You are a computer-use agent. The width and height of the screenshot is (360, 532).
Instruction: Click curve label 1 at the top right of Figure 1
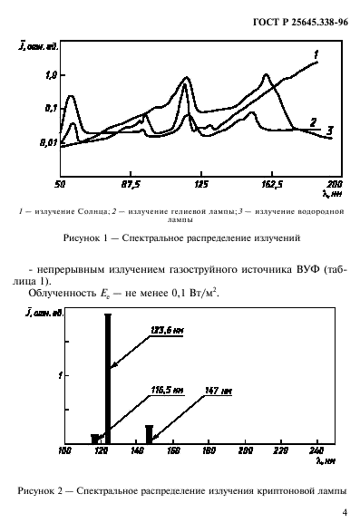(315, 55)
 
